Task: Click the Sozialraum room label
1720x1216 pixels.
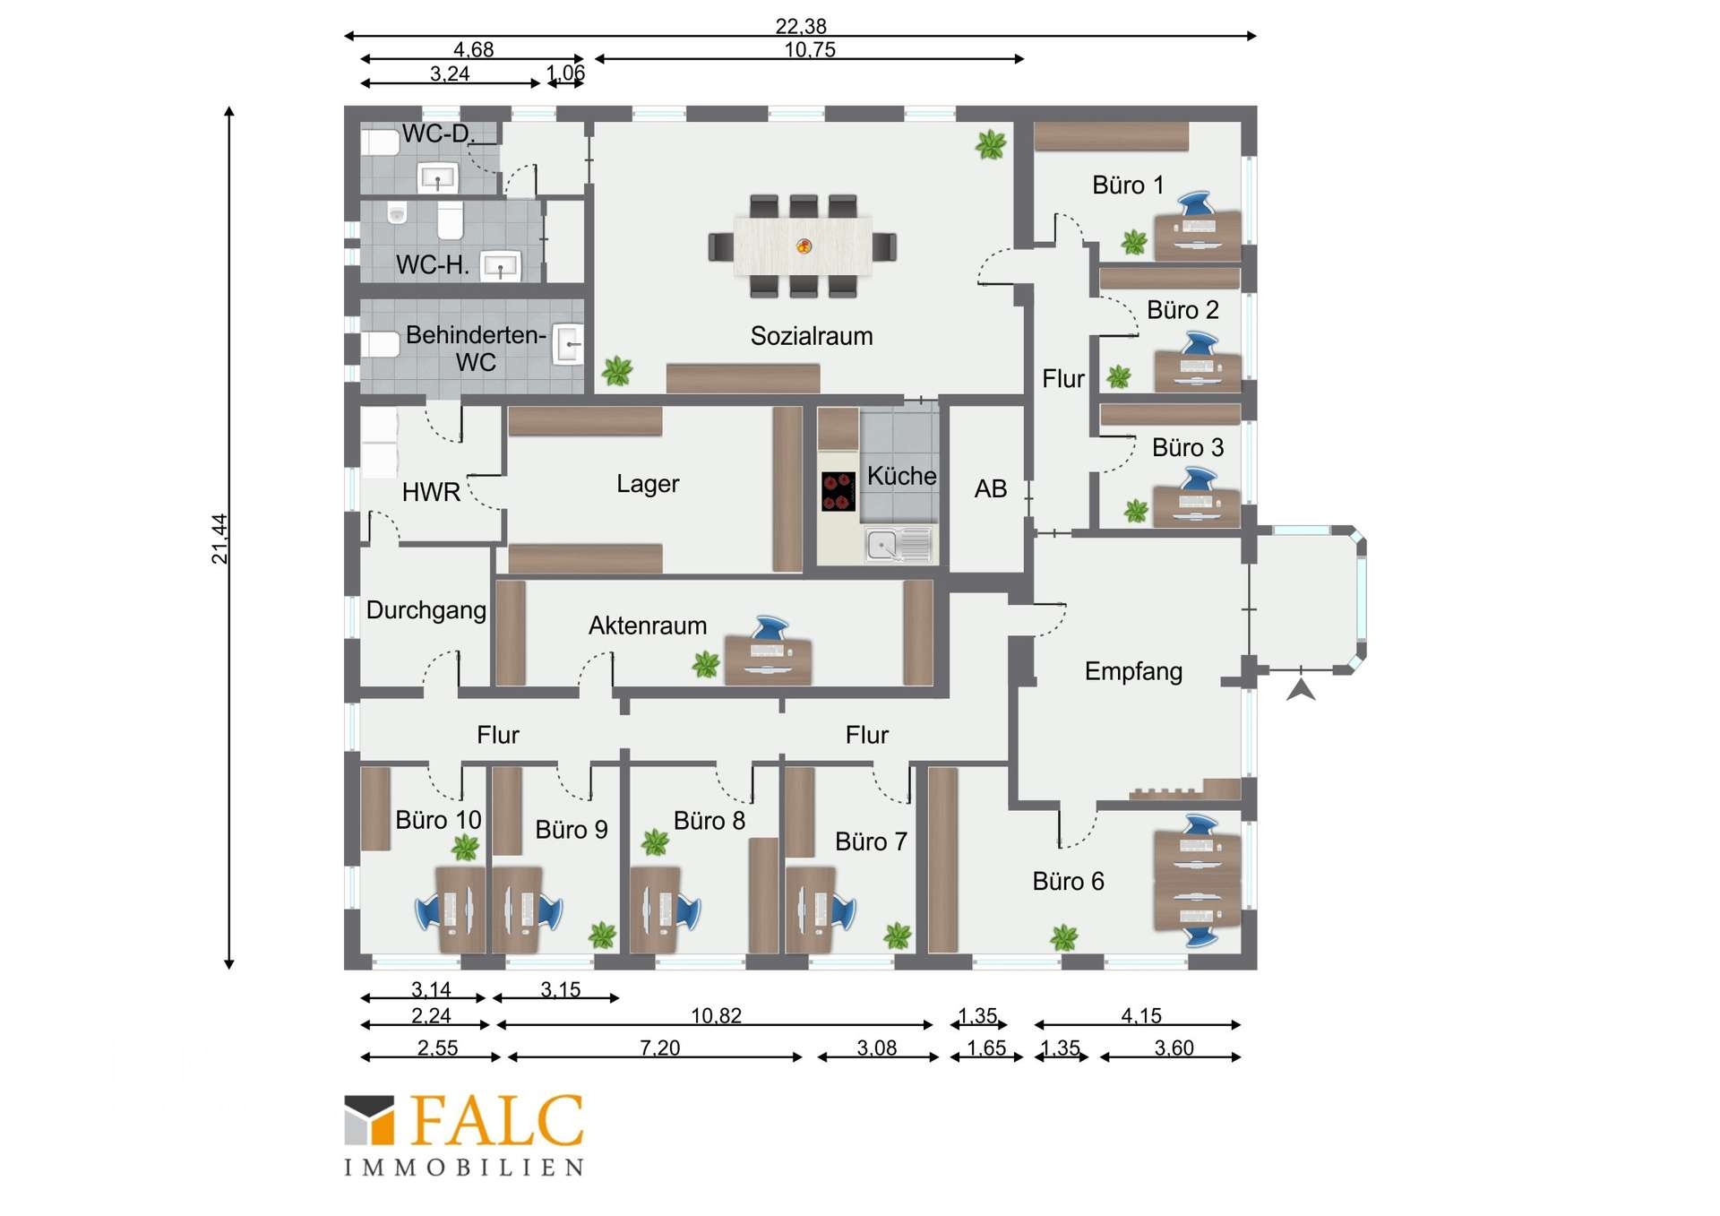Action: [811, 336]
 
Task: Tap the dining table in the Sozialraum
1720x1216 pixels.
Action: [803, 246]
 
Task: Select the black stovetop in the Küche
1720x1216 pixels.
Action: [838, 492]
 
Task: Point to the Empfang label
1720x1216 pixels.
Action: [1133, 671]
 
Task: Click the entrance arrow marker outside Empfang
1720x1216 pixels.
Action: [1301, 689]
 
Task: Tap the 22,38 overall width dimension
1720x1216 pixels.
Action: [801, 26]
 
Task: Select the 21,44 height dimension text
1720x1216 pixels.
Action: [219, 539]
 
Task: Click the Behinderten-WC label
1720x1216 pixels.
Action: [476, 349]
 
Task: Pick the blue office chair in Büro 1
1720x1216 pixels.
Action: [1198, 203]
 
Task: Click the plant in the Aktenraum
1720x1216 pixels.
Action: [706, 664]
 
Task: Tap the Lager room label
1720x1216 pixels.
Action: [648, 484]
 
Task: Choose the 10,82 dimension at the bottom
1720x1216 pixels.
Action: [716, 1015]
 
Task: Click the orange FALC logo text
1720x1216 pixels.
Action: [497, 1120]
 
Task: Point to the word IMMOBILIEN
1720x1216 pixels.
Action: [464, 1168]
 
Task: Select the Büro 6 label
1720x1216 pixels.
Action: [1068, 882]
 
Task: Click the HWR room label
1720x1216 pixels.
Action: [431, 492]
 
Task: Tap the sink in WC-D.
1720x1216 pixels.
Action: [438, 177]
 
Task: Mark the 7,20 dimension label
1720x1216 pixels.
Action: [660, 1048]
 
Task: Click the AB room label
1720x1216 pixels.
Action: [991, 489]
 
